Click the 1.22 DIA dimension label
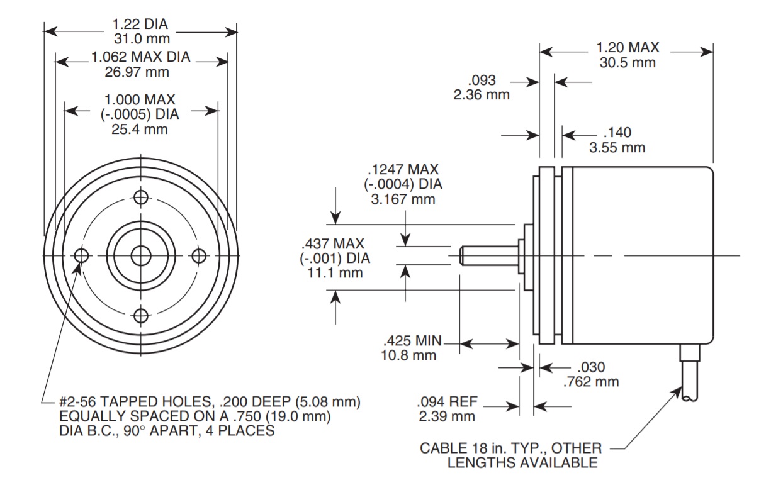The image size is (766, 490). [140, 25]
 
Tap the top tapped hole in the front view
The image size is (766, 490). [141, 197]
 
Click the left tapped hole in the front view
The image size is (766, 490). [82, 256]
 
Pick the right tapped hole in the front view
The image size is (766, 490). [200, 256]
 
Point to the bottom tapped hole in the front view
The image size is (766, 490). [141, 315]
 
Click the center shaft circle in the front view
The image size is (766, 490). [141, 256]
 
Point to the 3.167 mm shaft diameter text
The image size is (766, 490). [403, 200]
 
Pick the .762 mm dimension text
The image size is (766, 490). [591, 381]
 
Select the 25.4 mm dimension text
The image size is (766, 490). [140, 130]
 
